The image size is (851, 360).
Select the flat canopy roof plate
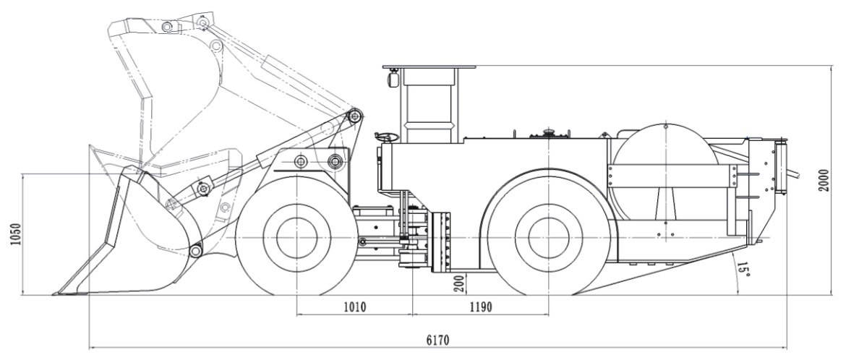point(429,67)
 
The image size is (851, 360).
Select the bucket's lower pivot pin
point(195,251)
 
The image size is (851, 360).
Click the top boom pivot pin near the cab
point(354,116)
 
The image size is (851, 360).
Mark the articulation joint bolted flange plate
point(440,242)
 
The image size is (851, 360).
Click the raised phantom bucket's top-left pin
point(167,27)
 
